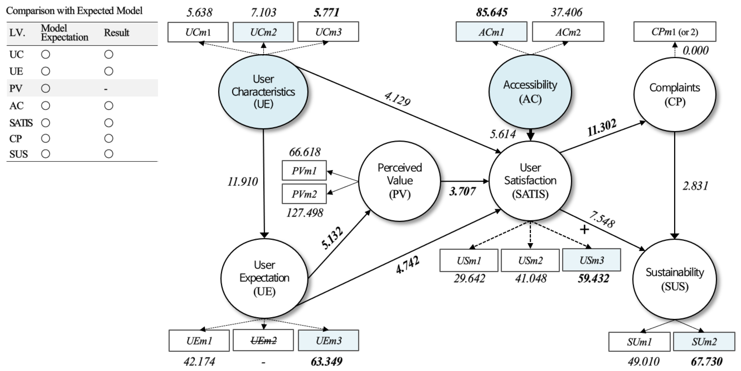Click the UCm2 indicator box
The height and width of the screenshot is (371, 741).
[263, 32]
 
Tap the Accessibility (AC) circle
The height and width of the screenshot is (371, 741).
[530, 92]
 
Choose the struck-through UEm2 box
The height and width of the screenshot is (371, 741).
[263, 340]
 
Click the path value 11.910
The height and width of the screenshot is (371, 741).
[243, 182]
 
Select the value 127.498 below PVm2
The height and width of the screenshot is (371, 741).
[304, 213]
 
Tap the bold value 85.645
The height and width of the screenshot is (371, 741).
[492, 12]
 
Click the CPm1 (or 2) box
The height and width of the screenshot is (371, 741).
[674, 32]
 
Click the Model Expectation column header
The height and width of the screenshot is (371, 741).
[64, 33]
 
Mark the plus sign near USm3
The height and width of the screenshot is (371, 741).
[584, 229]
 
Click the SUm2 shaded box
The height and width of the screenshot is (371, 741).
[704, 342]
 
